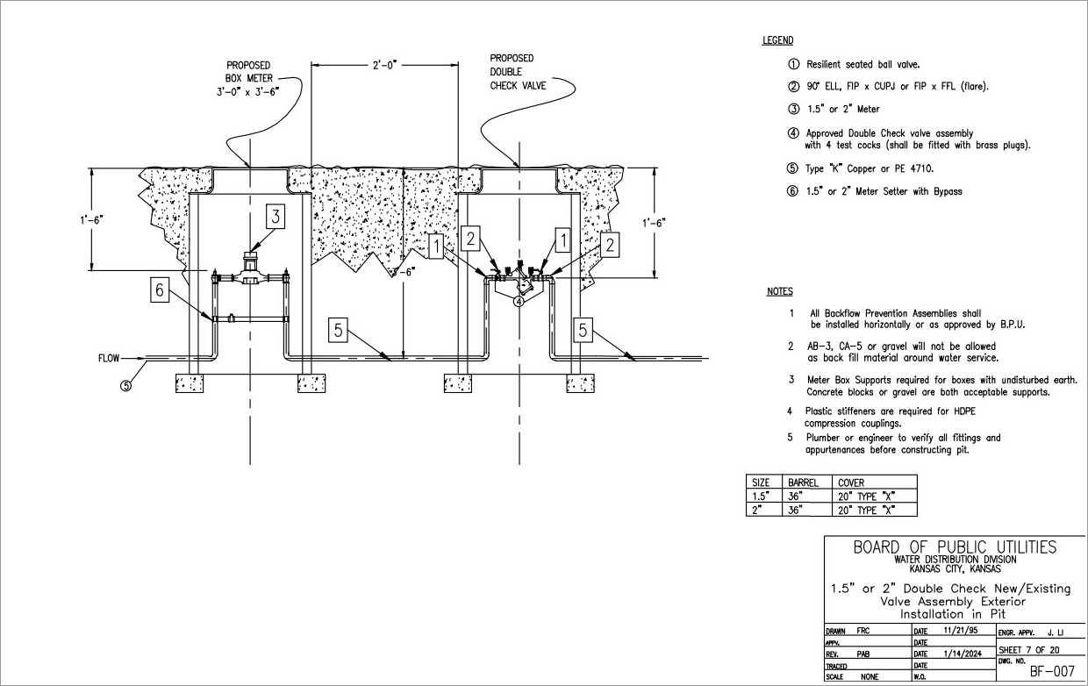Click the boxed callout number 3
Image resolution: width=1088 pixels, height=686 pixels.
click(x=276, y=217)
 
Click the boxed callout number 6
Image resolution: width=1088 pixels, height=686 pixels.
click(x=158, y=290)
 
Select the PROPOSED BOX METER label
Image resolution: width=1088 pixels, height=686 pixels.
click(x=248, y=76)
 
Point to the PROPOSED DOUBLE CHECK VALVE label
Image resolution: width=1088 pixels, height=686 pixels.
click(x=518, y=72)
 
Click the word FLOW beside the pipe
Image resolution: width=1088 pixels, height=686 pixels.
click(x=109, y=358)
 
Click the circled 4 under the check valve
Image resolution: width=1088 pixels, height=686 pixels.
click(x=519, y=302)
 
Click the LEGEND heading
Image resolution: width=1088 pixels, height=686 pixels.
click(x=777, y=40)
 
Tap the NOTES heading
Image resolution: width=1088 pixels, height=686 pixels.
click(x=779, y=291)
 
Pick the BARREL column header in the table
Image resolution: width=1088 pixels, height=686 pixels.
click(x=803, y=482)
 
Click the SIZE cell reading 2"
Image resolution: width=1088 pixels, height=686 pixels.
click(x=755, y=510)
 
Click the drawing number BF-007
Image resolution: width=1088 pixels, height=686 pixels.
click(x=1051, y=671)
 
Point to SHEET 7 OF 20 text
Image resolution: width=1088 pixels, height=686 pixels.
click(x=1030, y=649)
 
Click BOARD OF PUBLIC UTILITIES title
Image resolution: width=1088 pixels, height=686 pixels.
click(x=955, y=547)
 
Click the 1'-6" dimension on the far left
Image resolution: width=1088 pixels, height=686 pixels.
click(x=92, y=220)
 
